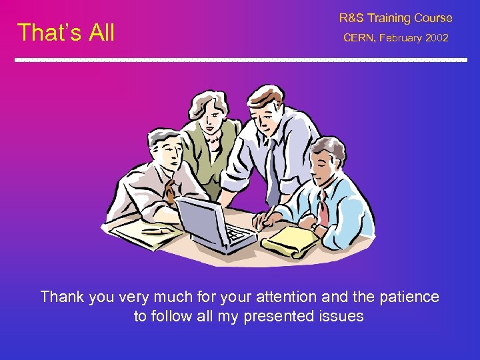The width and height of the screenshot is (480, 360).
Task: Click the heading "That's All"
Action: click(x=66, y=32)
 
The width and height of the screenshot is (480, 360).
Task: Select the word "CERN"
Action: click(x=359, y=38)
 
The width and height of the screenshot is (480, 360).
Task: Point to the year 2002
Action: click(x=437, y=38)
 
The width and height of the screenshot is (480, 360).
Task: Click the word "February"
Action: click(x=401, y=38)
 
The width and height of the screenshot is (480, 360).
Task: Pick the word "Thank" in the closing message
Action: click(x=62, y=297)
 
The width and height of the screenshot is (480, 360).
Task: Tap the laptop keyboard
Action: click(x=237, y=233)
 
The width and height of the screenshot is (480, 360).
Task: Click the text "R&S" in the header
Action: click(x=351, y=18)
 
